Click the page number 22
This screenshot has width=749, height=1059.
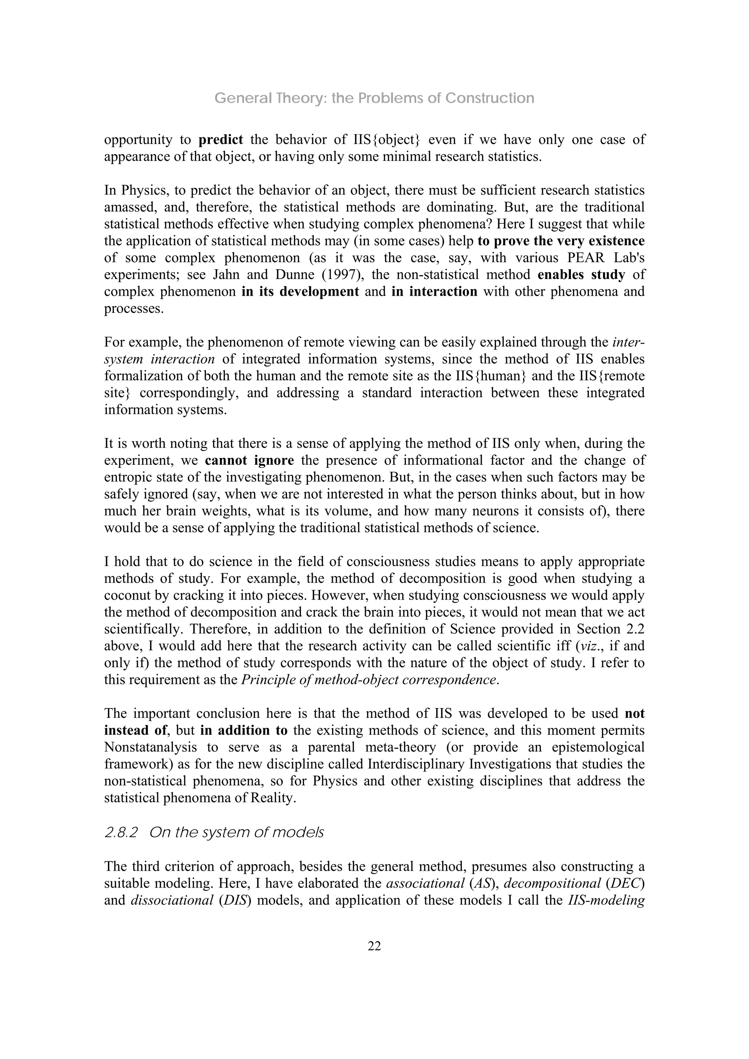pos(374,946)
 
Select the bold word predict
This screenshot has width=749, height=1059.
pos(221,140)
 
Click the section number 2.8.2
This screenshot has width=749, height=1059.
pos(121,832)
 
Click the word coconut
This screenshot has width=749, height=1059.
pos(127,595)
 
